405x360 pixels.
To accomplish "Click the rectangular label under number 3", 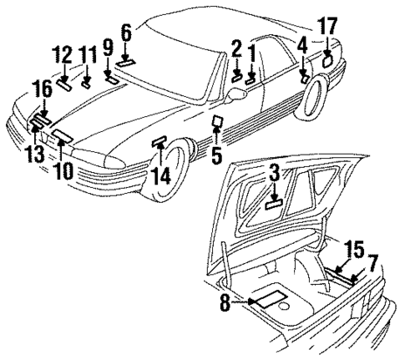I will (275, 201).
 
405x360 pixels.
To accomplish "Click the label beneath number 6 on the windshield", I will (125, 60).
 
